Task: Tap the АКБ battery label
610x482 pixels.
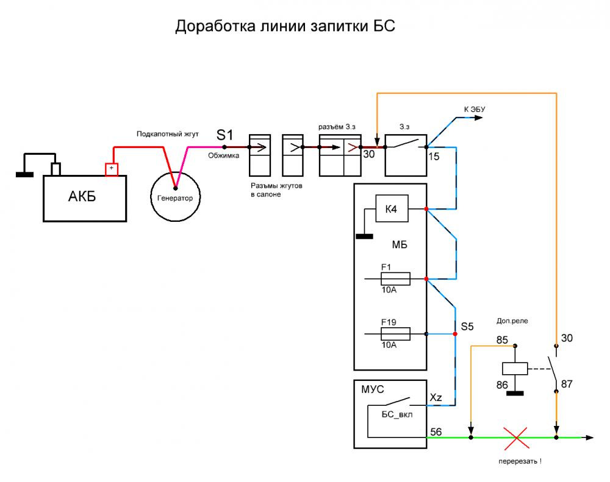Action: pyautogui.click(x=82, y=197)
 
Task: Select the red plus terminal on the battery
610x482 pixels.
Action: pyautogui.click(x=111, y=169)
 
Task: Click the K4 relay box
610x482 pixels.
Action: pyautogui.click(x=391, y=210)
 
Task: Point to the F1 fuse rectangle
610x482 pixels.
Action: pyautogui.click(x=395, y=278)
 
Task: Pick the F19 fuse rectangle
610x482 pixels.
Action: pyautogui.click(x=395, y=333)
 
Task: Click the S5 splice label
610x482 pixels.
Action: pyautogui.click(x=467, y=327)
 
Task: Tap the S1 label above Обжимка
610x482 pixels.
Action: pyautogui.click(x=225, y=135)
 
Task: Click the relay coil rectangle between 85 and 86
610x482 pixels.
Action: pyautogui.click(x=514, y=369)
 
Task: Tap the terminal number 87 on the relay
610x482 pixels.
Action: pyautogui.click(x=567, y=384)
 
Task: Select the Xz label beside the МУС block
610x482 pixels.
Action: pyautogui.click(x=436, y=397)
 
